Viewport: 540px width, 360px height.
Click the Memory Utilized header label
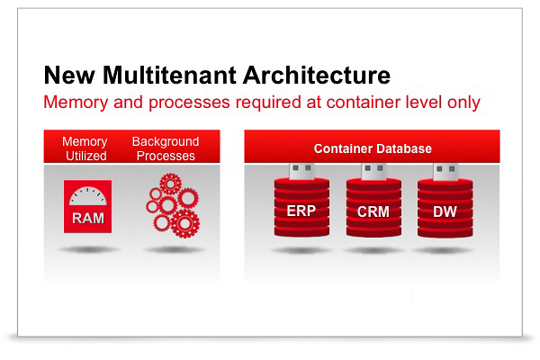coord(85,148)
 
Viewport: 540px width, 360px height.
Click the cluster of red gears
coord(171,206)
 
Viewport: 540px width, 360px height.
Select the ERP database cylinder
coord(301,212)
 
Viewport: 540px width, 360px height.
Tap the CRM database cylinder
coord(372,212)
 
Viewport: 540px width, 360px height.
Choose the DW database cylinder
coord(443,212)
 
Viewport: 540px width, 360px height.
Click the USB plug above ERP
coord(301,171)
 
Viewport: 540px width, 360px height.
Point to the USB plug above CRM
coord(372,171)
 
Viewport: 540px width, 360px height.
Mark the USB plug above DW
coord(443,171)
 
